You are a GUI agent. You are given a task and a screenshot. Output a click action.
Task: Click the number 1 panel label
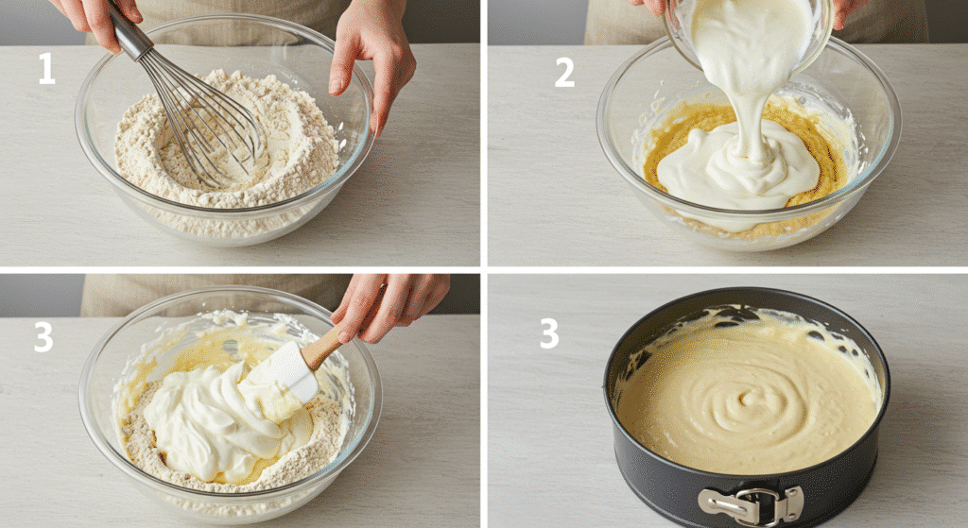tap(46, 68)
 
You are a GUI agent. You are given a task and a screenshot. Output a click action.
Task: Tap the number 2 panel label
tap(563, 73)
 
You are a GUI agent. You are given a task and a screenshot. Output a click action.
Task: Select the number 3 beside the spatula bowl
tap(43, 337)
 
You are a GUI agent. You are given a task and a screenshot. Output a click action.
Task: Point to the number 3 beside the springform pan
tap(549, 332)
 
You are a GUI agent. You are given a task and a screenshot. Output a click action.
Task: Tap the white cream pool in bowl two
tap(737, 170)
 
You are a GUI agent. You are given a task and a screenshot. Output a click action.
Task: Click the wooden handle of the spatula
tap(321, 347)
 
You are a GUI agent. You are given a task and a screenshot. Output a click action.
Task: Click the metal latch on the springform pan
tap(752, 504)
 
